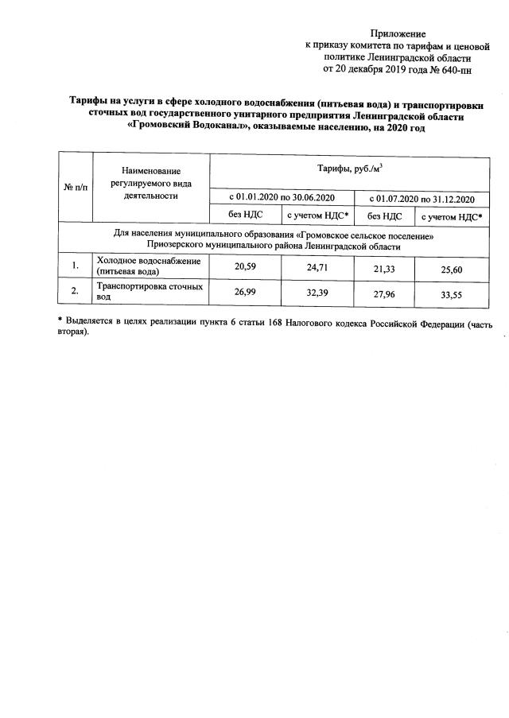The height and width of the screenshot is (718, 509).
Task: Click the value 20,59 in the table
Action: click(x=244, y=267)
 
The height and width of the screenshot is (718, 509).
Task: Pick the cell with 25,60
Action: click(x=452, y=270)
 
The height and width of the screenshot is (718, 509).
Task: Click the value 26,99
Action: click(x=244, y=292)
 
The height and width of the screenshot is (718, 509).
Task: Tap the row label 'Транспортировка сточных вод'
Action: click(x=150, y=290)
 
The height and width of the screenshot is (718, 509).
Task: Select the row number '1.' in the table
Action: click(x=74, y=266)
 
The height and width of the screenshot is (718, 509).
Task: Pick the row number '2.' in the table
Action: click(x=74, y=291)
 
